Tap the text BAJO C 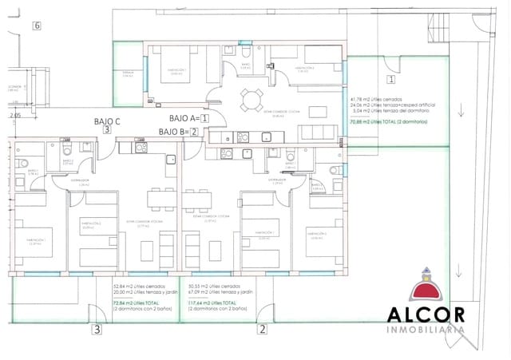(105, 121)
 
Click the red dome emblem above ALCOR (426, 288)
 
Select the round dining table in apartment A (252, 100)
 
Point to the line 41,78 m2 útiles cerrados (376, 98)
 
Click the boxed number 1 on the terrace (390, 79)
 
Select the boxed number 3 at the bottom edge (96, 329)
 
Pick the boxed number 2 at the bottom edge (261, 329)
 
